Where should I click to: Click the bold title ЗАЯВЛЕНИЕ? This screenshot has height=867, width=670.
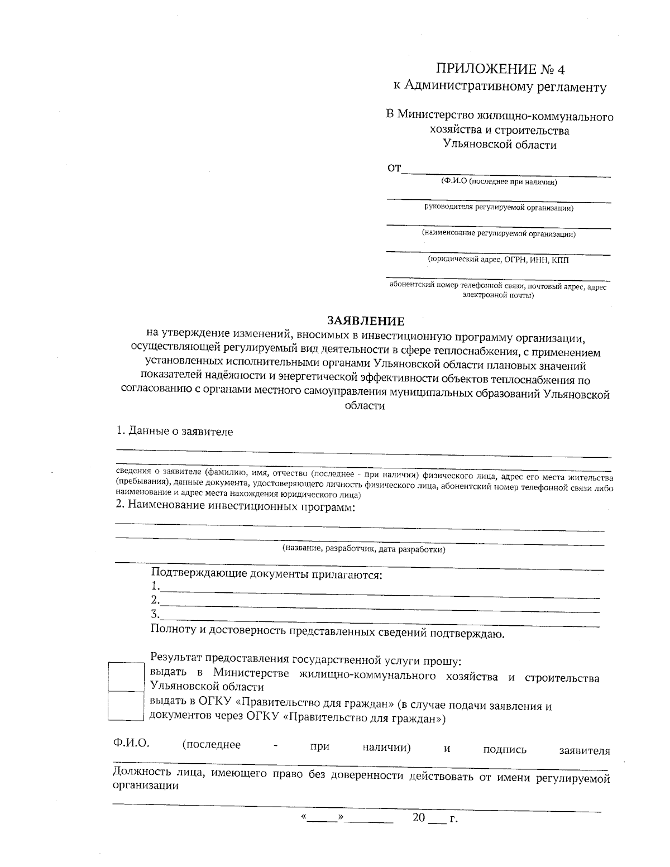click(365, 321)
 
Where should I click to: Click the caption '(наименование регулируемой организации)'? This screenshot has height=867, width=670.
click(499, 233)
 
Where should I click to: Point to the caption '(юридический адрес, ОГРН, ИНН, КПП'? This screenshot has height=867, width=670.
click(499, 260)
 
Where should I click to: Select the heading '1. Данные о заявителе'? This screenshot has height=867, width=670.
click(174, 432)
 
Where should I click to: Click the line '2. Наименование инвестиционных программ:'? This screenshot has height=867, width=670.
click(235, 507)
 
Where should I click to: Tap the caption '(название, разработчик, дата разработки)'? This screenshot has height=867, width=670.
click(363, 549)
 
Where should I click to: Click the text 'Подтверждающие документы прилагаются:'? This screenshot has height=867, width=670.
click(266, 574)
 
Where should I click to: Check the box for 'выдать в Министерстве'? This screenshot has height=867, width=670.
click(126, 677)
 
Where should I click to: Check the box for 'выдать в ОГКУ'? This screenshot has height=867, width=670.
click(126, 705)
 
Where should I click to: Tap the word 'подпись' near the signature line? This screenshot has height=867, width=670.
click(505, 750)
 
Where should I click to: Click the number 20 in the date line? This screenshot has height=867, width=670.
click(419, 818)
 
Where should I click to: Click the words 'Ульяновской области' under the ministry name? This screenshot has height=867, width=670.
click(500, 145)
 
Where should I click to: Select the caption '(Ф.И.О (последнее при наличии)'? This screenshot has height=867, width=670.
click(499, 181)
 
